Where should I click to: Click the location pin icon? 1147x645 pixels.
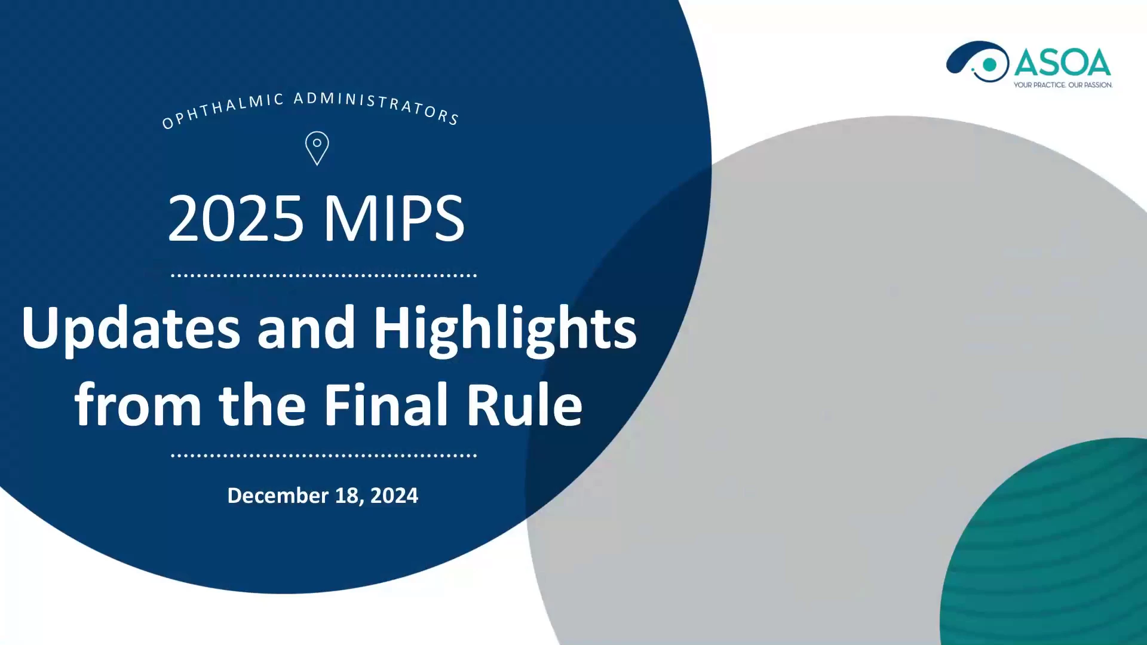(317, 148)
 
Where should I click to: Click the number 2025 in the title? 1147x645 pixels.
(235, 219)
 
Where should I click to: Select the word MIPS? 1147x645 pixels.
(394, 219)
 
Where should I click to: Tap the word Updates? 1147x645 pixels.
(131, 328)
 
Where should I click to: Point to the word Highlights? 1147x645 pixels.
(505, 328)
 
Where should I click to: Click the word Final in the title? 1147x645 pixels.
(386, 405)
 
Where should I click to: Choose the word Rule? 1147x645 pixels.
(525, 405)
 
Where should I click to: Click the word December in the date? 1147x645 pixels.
(278, 496)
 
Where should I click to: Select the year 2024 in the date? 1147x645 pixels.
(394, 496)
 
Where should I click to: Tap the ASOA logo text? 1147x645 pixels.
(1062, 63)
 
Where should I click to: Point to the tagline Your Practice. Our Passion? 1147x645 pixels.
(1063, 85)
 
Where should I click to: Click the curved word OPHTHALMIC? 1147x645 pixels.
(223, 111)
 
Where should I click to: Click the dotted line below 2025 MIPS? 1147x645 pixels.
(324, 276)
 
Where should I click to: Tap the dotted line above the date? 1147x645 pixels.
(324, 456)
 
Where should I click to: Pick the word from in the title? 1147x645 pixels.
(138, 405)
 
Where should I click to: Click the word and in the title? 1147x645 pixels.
(306, 328)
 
